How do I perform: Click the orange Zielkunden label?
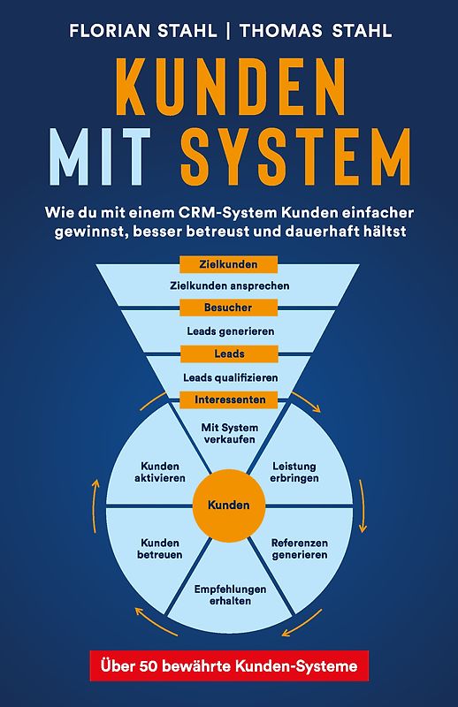coord(229,263)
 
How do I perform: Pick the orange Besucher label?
coord(229,308)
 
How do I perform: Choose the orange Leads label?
coord(229,353)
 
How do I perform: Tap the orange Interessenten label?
coord(229,399)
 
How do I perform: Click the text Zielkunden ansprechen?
coord(229,285)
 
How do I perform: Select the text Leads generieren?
coord(230,331)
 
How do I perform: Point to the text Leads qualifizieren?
coord(230,377)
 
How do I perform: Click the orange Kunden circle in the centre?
coord(229,506)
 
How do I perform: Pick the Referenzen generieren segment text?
coord(299,549)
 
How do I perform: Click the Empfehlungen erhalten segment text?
coord(230,594)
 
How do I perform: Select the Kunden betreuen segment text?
coord(160,549)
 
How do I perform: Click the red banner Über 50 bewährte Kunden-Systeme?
coord(229,665)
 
